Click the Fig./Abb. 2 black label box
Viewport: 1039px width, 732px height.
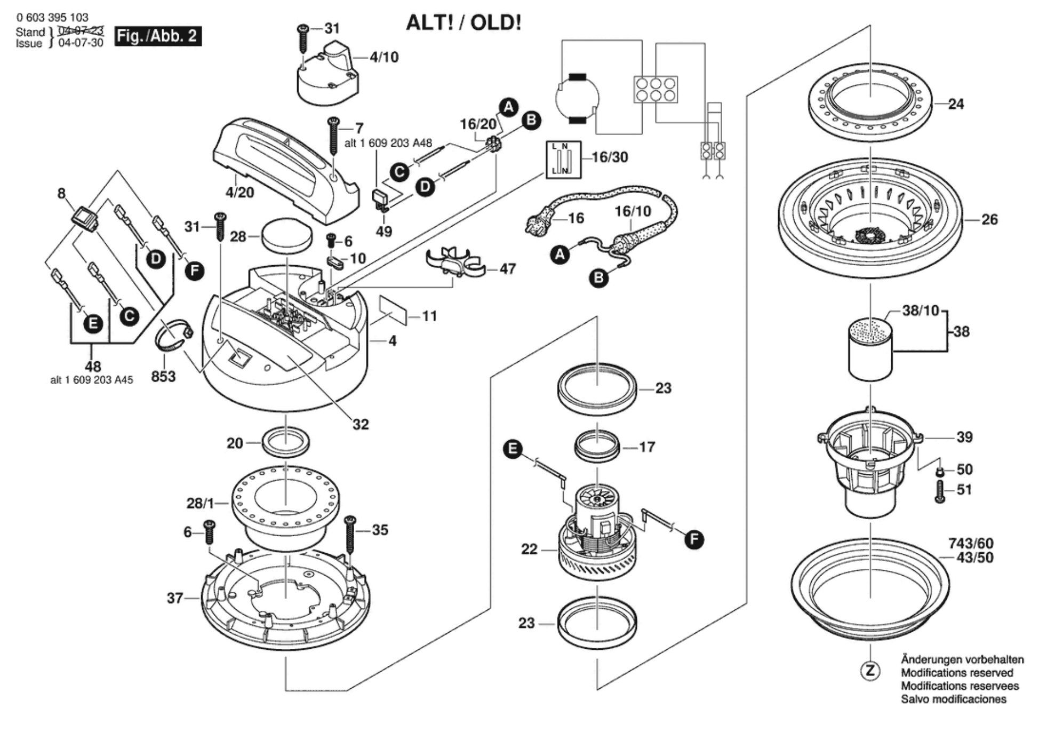point(158,36)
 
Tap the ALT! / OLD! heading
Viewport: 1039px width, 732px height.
point(463,23)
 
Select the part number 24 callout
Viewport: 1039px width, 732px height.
point(956,104)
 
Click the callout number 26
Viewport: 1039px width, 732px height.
point(989,219)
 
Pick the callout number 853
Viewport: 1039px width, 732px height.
point(163,377)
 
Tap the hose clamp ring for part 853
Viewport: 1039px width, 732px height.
point(173,335)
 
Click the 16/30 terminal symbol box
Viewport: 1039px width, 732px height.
point(563,160)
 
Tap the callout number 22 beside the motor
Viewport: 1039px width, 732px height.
point(529,549)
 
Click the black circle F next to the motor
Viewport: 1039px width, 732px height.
point(694,539)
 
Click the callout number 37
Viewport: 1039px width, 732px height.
point(175,598)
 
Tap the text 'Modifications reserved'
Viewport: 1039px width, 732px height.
point(957,673)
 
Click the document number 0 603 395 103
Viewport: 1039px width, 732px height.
point(52,18)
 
